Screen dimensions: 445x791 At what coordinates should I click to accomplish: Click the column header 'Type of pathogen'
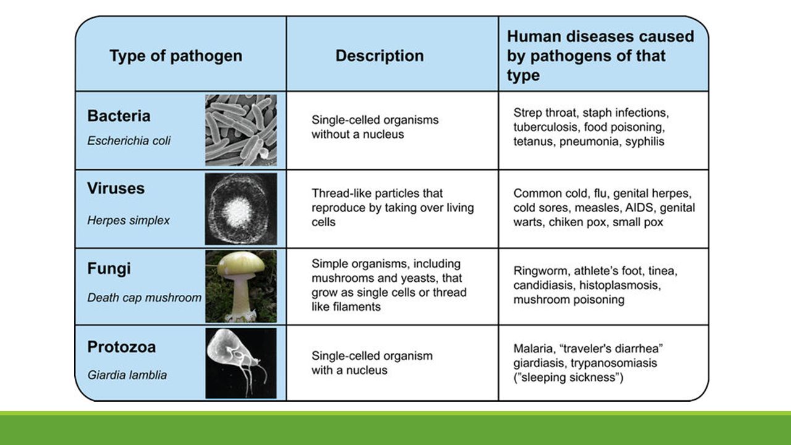pyautogui.click(x=176, y=56)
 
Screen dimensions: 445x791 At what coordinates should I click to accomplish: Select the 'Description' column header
pyautogui.click(x=379, y=56)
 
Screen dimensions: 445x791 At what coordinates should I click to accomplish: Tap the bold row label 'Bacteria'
pyautogui.click(x=119, y=116)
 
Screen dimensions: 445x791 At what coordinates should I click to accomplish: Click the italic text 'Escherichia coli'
pyautogui.click(x=129, y=141)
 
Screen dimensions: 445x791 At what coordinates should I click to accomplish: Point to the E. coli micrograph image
pyautogui.click(x=241, y=130)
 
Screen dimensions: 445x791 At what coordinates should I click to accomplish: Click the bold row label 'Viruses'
pyautogui.click(x=116, y=189)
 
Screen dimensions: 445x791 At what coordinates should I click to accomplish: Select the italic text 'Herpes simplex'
pyautogui.click(x=128, y=221)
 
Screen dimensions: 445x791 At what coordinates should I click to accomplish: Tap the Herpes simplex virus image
pyautogui.click(x=241, y=209)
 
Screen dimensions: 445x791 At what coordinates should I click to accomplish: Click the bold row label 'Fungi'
pyautogui.click(x=109, y=269)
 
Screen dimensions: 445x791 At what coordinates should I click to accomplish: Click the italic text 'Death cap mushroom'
pyautogui.click(x=144, y=297)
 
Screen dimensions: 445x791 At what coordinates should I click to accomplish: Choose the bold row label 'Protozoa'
pyautogui.click(x=122, y=347)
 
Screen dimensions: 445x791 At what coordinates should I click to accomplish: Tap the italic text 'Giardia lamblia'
pyautogui.click(x=127, y=375)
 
